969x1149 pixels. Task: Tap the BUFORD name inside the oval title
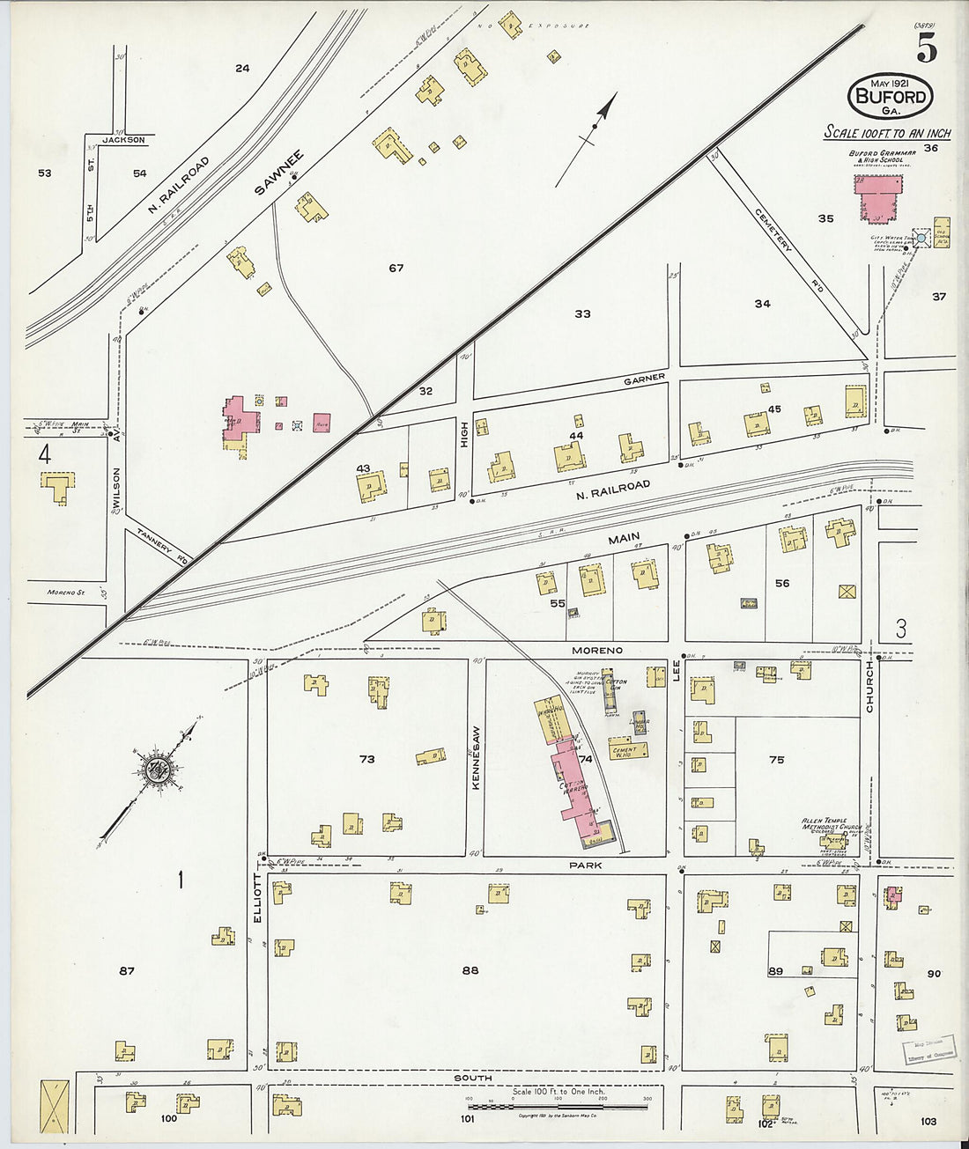coord(891,96)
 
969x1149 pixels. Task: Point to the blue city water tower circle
coord(921,238)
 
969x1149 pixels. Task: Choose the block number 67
coord(396,268)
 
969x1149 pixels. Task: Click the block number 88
coord(470,970)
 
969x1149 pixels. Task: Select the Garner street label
coord(644,379)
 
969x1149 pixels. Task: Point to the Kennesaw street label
coord(476,757)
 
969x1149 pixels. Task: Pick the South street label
coord(473,1078)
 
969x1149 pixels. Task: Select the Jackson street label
coord(122,139)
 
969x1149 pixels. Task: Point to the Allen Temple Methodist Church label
coord(832,825)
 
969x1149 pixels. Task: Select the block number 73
coord(366,759)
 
